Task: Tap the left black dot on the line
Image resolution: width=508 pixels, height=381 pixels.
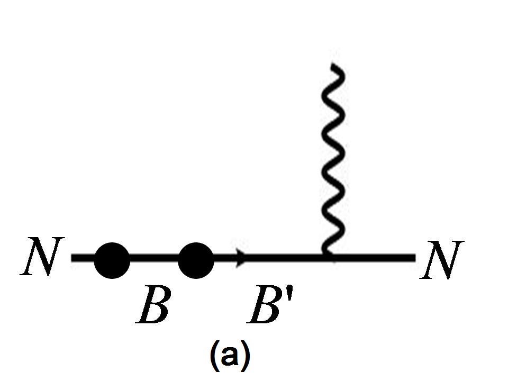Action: (x=112, y=260)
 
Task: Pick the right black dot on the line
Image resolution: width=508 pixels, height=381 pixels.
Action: (x=196, y=260)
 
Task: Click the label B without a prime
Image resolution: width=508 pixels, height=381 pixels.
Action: (x=153, y=305)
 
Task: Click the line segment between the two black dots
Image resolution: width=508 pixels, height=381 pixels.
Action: (x=154, y=259)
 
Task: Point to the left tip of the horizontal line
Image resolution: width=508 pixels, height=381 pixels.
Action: (x=73, y=259)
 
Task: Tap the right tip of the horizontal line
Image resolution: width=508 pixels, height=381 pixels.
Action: (x=414, y=258)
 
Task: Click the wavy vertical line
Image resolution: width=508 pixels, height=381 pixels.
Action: (x=335, y=159)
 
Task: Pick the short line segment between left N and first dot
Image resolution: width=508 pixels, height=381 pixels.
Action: (x=83, y=259)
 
